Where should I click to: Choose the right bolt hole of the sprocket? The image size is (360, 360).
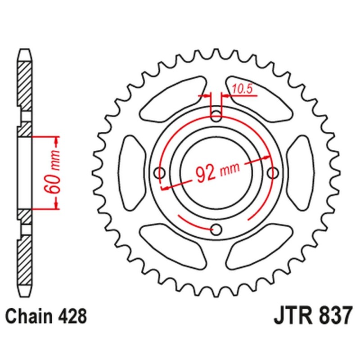tap(273, 172)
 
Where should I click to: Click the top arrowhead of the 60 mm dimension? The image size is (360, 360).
tap(57, 140)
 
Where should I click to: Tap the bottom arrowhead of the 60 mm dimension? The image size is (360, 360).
tap(57, 205)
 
